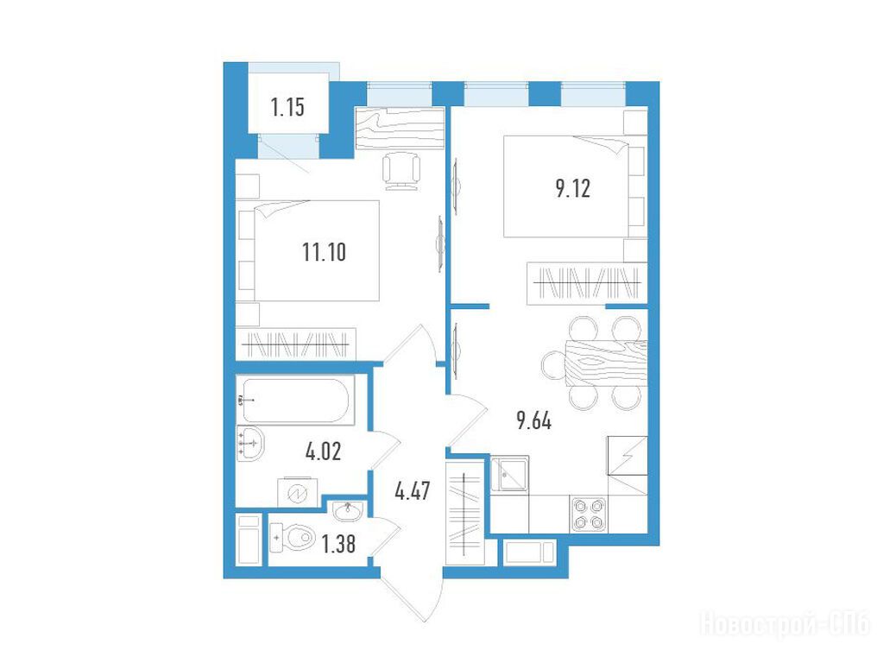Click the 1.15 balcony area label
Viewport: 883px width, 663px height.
coord(287,106)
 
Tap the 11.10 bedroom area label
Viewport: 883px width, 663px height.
coord(324,252)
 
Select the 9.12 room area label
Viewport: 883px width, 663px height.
coord(573,189)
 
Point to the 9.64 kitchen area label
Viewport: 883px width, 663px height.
coord(533,420)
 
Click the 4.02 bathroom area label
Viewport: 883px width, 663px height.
coord(323,451)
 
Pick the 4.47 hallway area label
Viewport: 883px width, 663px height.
coord(413,491)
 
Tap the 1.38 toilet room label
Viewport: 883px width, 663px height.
coord(337,544)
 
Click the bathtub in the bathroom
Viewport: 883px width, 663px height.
coord(296,401)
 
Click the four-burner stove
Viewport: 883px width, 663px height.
coord(588,515)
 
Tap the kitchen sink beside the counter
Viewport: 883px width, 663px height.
coord(509,474)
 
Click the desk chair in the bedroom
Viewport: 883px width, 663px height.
coord(401,171)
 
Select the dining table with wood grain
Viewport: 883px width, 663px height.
coord(605,363)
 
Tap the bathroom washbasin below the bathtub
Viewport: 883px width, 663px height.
coord(250,444)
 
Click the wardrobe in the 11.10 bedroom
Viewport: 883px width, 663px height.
coord(296,343)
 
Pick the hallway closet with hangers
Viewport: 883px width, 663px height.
coord(464,513)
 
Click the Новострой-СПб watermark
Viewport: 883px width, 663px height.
coord(785,625)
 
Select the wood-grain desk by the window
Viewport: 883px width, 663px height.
coord(400,127)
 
